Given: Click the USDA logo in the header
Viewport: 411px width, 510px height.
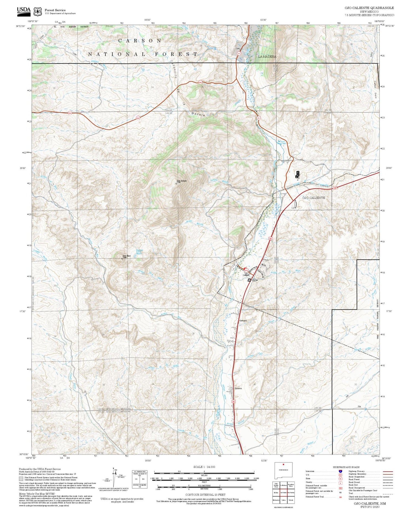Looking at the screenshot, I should click(24, 11).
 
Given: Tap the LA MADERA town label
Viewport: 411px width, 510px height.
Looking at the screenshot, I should click(267, 56).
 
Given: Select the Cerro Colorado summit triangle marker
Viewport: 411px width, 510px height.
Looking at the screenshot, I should click(176, 184).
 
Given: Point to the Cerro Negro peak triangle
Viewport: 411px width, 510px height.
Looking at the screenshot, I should click(122, 258).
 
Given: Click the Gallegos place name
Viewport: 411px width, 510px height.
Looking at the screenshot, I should click(243, 320).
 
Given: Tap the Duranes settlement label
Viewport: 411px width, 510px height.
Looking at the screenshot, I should click(238, 388).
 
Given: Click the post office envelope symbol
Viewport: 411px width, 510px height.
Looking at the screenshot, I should click(249, 280).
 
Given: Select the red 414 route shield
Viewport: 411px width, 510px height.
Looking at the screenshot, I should click(246, 270).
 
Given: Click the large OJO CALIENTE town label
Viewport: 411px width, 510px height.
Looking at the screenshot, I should click(313, 197).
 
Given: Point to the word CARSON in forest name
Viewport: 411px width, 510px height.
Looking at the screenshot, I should click(140, 41).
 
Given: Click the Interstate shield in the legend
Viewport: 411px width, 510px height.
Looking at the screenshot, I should click(340, 471).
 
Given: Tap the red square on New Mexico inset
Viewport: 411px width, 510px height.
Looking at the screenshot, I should click(283, 464).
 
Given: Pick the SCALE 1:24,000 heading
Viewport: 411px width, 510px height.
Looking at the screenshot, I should click(204, 467).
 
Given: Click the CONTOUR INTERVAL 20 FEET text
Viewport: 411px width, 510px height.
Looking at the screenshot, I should click(205, 495).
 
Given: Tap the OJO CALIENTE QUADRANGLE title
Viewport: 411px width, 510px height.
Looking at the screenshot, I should click(369, 8).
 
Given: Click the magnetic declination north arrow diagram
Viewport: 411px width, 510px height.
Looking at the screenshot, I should click(116, 475).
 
